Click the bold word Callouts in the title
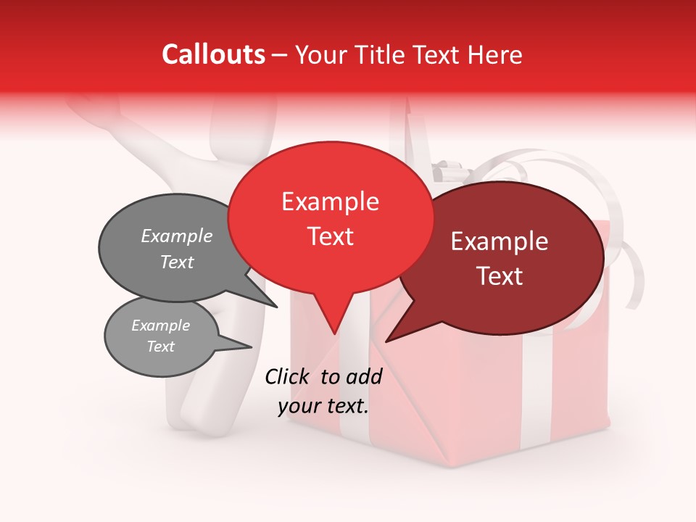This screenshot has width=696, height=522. coord(213,54)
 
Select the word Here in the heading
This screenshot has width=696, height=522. coord(494,55)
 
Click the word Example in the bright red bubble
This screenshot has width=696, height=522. coord(330,202)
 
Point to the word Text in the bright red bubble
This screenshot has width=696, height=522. coord(330,236)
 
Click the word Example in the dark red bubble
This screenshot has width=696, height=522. coord(500,241)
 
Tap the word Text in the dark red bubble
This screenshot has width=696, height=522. coord(500,275)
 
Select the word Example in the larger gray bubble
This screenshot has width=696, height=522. coord(176,236)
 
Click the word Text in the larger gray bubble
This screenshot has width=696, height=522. coord(176,262)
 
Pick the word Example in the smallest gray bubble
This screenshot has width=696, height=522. coord(160,326)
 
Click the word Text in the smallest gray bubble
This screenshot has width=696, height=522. coord(160,347)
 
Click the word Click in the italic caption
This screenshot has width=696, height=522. coord(288,376)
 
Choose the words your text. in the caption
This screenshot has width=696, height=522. coord(323,406)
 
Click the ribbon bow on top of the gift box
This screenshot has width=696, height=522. coord(442,173)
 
